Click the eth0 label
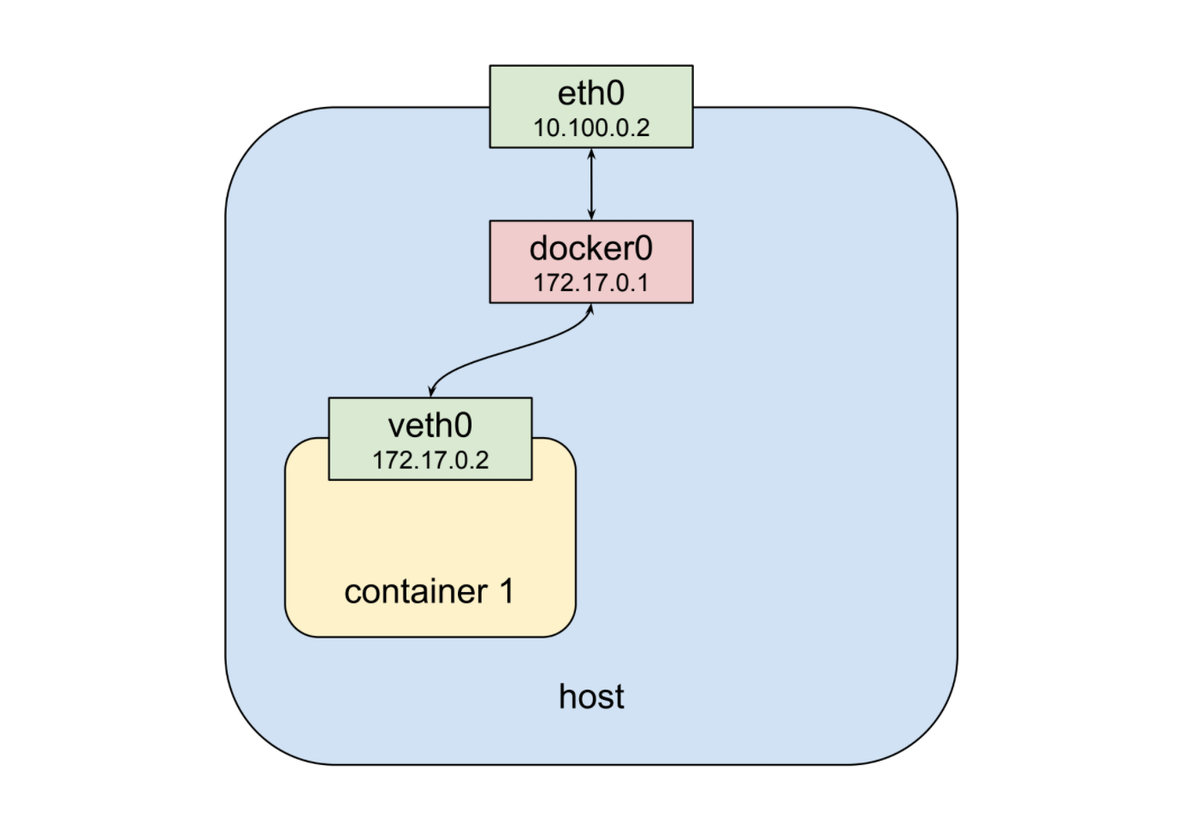point(590,93)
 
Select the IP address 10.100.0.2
point(591,128)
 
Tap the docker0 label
point(590,249)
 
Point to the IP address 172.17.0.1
point(591,283)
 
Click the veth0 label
point(430,425)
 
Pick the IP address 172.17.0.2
point(430,460)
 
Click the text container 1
point(429,591)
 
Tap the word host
point(590,697)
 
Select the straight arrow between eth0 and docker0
point(591,185)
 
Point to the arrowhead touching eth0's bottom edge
point(591,153)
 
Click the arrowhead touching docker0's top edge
point(591,216)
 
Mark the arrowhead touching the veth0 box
point(432,392)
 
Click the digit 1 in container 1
point(506,591)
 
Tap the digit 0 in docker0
point(642,249)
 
